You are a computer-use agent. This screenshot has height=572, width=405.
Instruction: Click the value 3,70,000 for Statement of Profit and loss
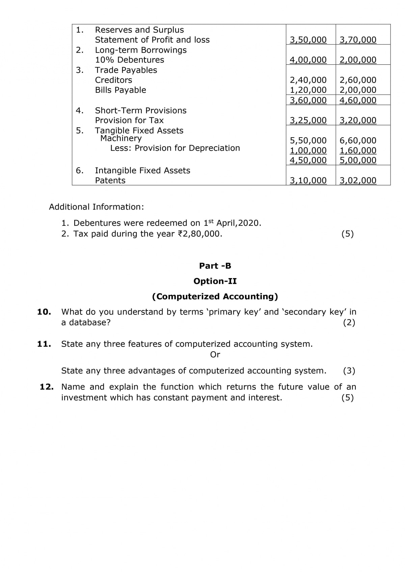click(x=358, y=40)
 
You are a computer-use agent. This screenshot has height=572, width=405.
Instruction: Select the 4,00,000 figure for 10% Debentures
click(x=308, y=60)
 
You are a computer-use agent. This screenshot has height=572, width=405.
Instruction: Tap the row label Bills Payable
click(x=120, y=90)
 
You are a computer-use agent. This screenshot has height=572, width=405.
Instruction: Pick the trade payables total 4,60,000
click(x=358, y=100)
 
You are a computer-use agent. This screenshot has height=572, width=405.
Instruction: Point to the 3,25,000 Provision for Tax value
click(x=308, y=120)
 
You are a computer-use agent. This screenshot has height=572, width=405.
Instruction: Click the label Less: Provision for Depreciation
click(x=175, y=148)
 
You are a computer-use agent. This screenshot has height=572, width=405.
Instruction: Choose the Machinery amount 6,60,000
click(x=358, y=140)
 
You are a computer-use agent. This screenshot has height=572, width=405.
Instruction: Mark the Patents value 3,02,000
click(x=358, y=180)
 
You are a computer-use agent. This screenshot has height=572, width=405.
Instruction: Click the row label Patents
click(x=110, y=180)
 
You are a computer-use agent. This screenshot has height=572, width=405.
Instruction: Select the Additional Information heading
click(x=96, y=207)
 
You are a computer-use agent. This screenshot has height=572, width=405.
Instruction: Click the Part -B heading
click(x=215, y=266)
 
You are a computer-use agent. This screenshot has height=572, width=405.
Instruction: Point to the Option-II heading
click(x=215, y=281)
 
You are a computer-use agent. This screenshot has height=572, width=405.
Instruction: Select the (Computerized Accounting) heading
click(x=215, y=296)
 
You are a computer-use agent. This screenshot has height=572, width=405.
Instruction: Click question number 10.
click(x=44, y=312)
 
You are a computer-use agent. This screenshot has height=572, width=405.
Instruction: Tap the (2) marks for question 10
click(x=349, y=323)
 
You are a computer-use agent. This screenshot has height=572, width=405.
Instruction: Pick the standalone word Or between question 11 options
click(x=215, y=355)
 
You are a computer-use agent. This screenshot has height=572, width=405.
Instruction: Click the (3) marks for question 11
click(x=349, y=371)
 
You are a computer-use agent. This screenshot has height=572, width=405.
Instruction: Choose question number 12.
click(x=47, y=387)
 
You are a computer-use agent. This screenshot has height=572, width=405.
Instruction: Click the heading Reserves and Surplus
click(x=139, y=30)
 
